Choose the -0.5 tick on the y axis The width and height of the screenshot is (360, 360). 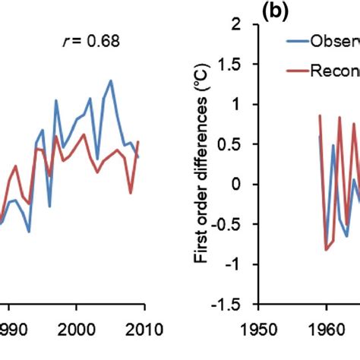[x=235, y=224]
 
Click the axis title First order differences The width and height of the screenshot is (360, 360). [x=201, y=163]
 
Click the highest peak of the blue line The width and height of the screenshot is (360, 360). [x=111, y=81]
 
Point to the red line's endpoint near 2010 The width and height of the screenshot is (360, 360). [x=138, y=141]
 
